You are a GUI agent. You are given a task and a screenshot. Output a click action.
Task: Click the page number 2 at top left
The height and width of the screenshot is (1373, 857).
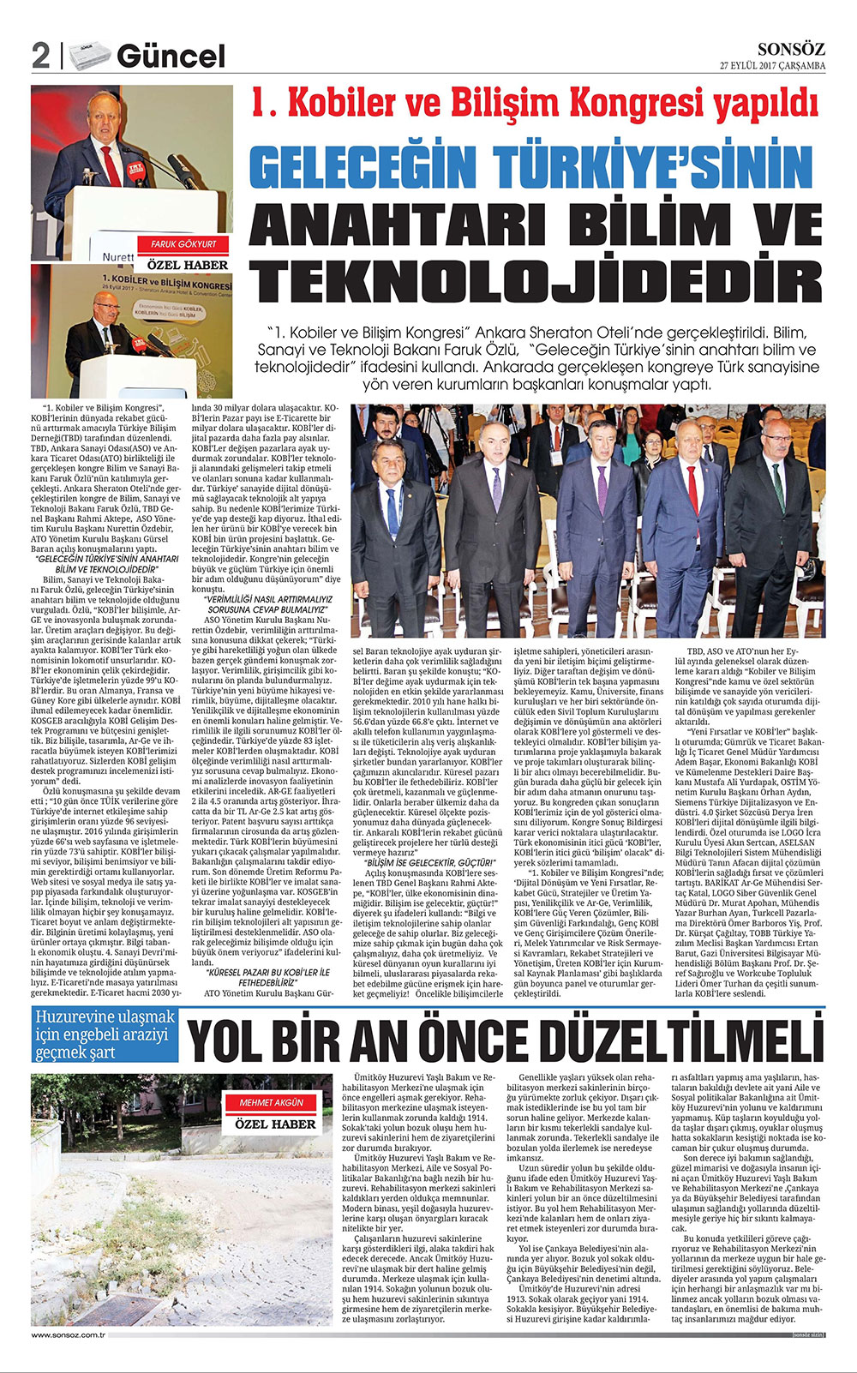[x=40, y=57]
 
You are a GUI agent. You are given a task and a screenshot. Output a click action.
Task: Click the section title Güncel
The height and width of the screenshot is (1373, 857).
[x=171, y=57]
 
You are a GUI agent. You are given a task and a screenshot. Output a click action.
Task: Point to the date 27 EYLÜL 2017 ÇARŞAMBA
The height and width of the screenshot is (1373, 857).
[x=772, y=66]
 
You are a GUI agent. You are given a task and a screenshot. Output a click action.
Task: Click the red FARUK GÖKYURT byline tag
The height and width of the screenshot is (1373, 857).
[x=183, y=244]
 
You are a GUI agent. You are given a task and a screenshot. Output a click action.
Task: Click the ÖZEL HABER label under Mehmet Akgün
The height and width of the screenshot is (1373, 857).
[x=275, y=1124]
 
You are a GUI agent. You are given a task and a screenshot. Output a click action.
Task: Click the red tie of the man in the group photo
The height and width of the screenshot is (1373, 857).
[x=692, y=488]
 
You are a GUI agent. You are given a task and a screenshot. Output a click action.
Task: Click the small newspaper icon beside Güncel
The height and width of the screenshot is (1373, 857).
[x=91, y=56]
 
